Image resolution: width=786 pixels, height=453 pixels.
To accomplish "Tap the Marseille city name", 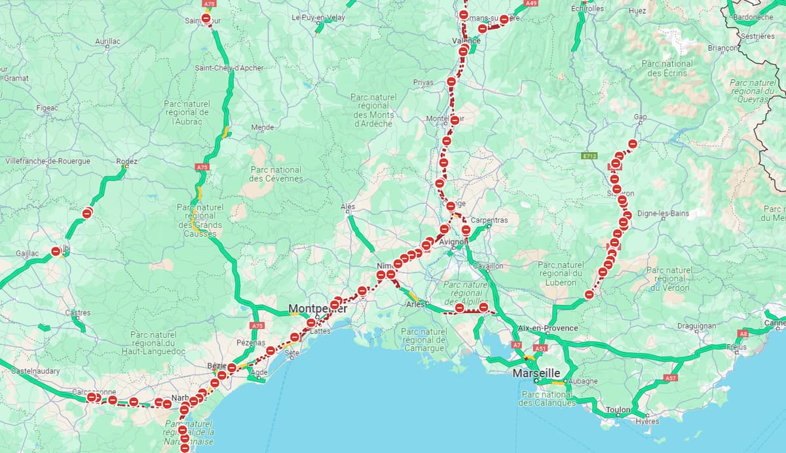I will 536,372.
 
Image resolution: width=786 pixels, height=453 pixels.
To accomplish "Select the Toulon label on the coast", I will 618,410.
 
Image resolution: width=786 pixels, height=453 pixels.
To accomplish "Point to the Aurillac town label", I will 107,41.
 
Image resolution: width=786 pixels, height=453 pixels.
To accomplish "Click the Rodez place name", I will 126,161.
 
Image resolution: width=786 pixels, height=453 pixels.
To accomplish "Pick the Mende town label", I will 262,127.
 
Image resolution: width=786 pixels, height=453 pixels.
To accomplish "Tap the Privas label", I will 423,82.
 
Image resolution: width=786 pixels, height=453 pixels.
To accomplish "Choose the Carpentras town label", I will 489,220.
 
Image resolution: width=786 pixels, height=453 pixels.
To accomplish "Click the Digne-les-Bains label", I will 663,214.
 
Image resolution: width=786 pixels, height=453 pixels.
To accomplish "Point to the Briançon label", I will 723,48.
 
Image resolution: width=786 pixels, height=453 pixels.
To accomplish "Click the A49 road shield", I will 531,3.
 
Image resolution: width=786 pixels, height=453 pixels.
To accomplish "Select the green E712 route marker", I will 589,156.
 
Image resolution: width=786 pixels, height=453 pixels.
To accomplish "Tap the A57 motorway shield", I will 670,378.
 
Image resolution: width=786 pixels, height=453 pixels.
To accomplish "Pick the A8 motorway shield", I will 743,334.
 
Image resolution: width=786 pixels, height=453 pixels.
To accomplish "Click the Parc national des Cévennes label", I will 276,174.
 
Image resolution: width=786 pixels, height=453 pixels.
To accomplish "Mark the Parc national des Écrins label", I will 667,68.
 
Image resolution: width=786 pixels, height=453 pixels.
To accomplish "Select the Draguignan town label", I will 696,326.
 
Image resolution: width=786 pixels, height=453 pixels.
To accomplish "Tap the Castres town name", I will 78,313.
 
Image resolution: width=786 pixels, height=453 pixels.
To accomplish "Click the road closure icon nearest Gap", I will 632,144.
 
